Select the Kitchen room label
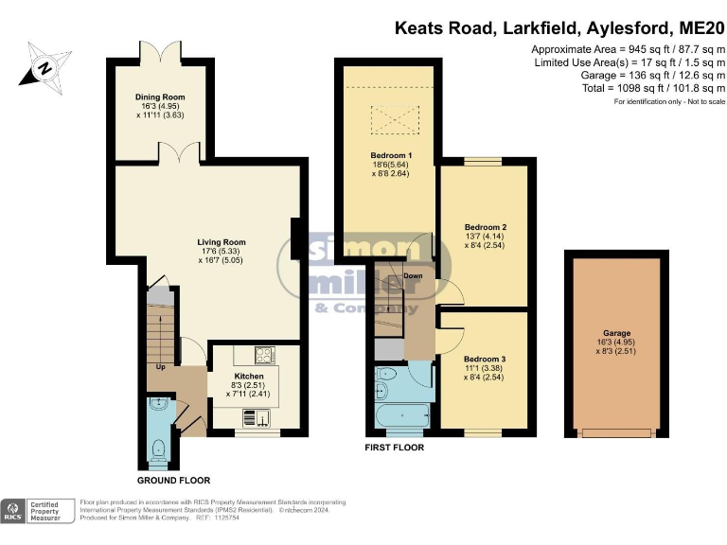pos(249,376)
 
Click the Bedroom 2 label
pos(486,228)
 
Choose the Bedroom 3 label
pos(485,360)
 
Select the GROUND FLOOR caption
pos(173,481)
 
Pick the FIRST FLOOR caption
pos(395,447)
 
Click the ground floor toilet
pos(160,448)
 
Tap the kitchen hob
pos(263,357)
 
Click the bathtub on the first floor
pos(404,414)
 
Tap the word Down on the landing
pos(414,276)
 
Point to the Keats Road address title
pos(559,27)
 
